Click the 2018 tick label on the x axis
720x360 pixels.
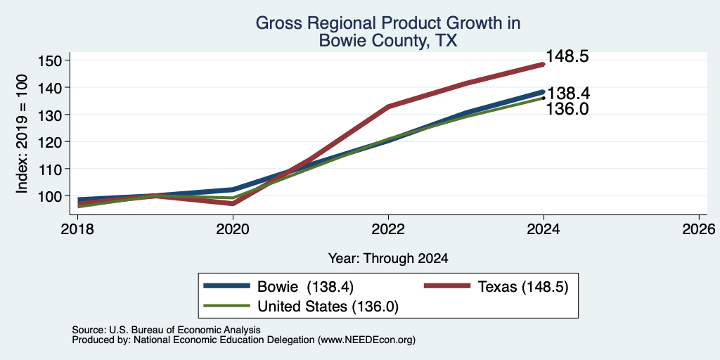(77, 229)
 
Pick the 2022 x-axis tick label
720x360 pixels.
(388, 229)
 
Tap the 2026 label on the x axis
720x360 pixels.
(699, 229)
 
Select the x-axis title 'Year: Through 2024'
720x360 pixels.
(388, 259)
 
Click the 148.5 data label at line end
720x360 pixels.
(567, 56)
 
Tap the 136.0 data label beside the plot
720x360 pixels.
(567, 109)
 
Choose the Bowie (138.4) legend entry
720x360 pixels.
(278, 287)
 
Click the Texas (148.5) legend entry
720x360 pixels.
(496, 287)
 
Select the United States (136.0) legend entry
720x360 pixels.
(301, 307)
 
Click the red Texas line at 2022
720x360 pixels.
(388, 107)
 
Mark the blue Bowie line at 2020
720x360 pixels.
(233, 189)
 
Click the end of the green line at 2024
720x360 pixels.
(544, 98)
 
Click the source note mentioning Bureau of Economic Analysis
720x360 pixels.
(166, 330)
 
